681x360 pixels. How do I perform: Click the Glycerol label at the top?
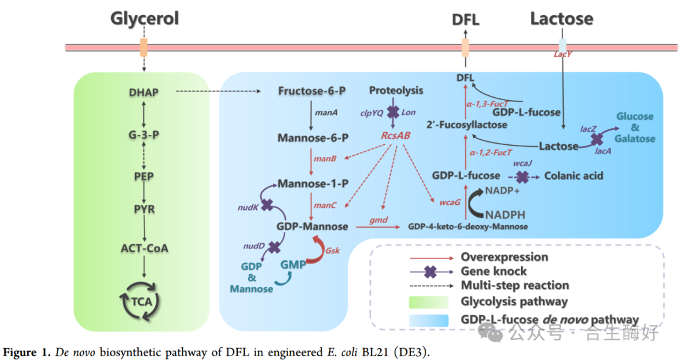(x=144, y=18)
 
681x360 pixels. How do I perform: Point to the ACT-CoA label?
(x=145, y=248)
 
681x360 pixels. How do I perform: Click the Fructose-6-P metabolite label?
(x=312, y=91)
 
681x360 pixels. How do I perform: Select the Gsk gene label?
(x=332, y=250)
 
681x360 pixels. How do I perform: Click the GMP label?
(x=293, y=265)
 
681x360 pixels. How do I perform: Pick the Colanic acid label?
(x=574, y=176)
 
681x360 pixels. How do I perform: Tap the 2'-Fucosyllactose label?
(x=467, y=125)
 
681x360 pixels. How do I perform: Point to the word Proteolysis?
(x=396, y=91)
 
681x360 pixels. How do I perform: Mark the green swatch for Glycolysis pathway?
(x=428, y=301)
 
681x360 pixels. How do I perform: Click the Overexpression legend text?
(x=504, y=257)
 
